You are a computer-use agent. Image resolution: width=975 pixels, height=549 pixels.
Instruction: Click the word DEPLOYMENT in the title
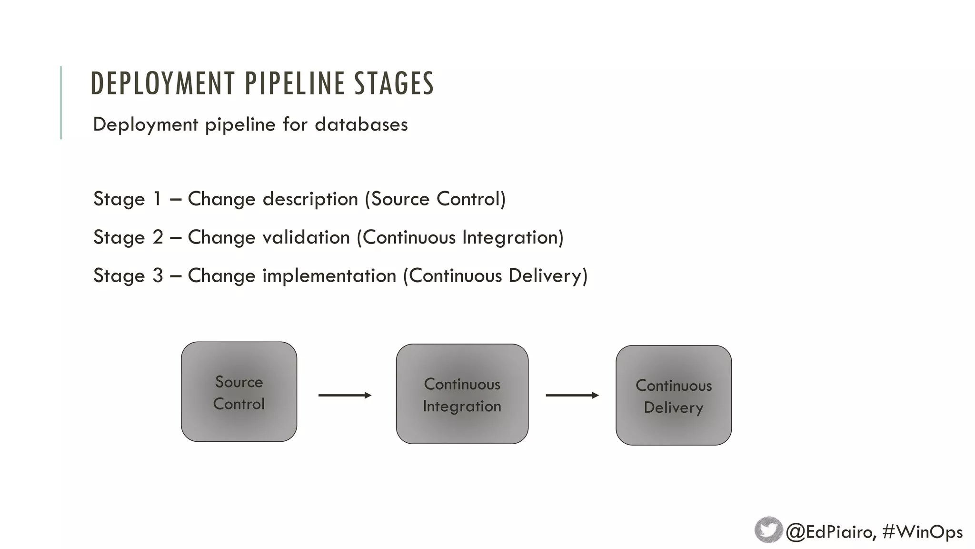(162, 83)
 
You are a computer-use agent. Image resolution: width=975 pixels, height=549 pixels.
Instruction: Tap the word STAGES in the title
(394, 83)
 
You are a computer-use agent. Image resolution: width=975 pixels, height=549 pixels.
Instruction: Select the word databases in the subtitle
(361, 124)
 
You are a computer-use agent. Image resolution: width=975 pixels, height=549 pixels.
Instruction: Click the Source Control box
(239, 392)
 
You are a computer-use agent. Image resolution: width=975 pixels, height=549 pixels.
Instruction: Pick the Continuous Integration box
(462, 394)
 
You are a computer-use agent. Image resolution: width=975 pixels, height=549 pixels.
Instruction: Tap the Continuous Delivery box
(673, 396)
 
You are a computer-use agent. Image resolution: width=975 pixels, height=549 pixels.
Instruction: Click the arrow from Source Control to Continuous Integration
(345, 395)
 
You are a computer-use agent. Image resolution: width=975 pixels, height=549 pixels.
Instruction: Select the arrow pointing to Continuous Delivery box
(572, 395)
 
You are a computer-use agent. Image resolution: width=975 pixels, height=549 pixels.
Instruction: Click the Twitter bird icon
(768, 530)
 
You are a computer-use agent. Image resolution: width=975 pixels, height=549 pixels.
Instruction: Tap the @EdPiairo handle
(830, 532)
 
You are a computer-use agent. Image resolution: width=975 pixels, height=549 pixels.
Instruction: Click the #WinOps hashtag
(922, 532)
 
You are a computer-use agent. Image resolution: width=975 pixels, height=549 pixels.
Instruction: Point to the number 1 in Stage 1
(157, 199)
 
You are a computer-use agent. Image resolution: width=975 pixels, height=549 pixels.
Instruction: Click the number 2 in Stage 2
(158, 237)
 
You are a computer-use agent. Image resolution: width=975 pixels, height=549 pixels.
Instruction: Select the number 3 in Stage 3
(158, 275)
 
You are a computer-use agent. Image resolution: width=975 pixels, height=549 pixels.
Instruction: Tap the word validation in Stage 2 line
(306, 237)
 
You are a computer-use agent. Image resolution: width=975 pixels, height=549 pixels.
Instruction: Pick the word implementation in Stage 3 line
(329, 276)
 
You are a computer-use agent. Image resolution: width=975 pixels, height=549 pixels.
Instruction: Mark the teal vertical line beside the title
(61, 102)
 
